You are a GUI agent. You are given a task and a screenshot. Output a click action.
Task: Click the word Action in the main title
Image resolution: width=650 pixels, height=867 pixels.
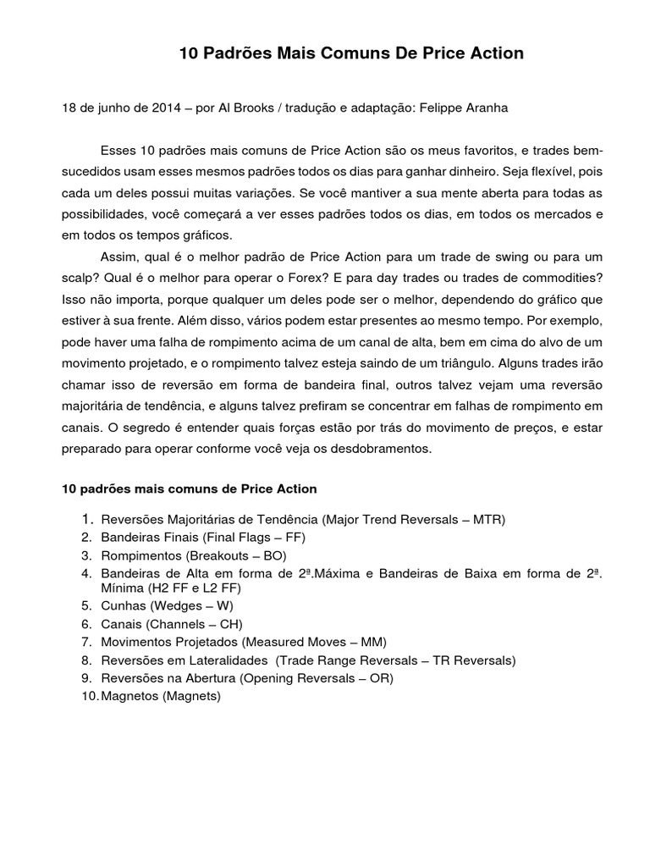pos(492,53)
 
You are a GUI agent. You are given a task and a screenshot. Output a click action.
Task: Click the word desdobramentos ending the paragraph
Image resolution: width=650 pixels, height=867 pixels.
pos(381,450)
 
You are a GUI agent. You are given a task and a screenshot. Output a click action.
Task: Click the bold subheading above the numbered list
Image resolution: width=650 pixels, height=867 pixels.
pos(190,489)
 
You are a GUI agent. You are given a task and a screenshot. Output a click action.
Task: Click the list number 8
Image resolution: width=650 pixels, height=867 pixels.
pos(86,660)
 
